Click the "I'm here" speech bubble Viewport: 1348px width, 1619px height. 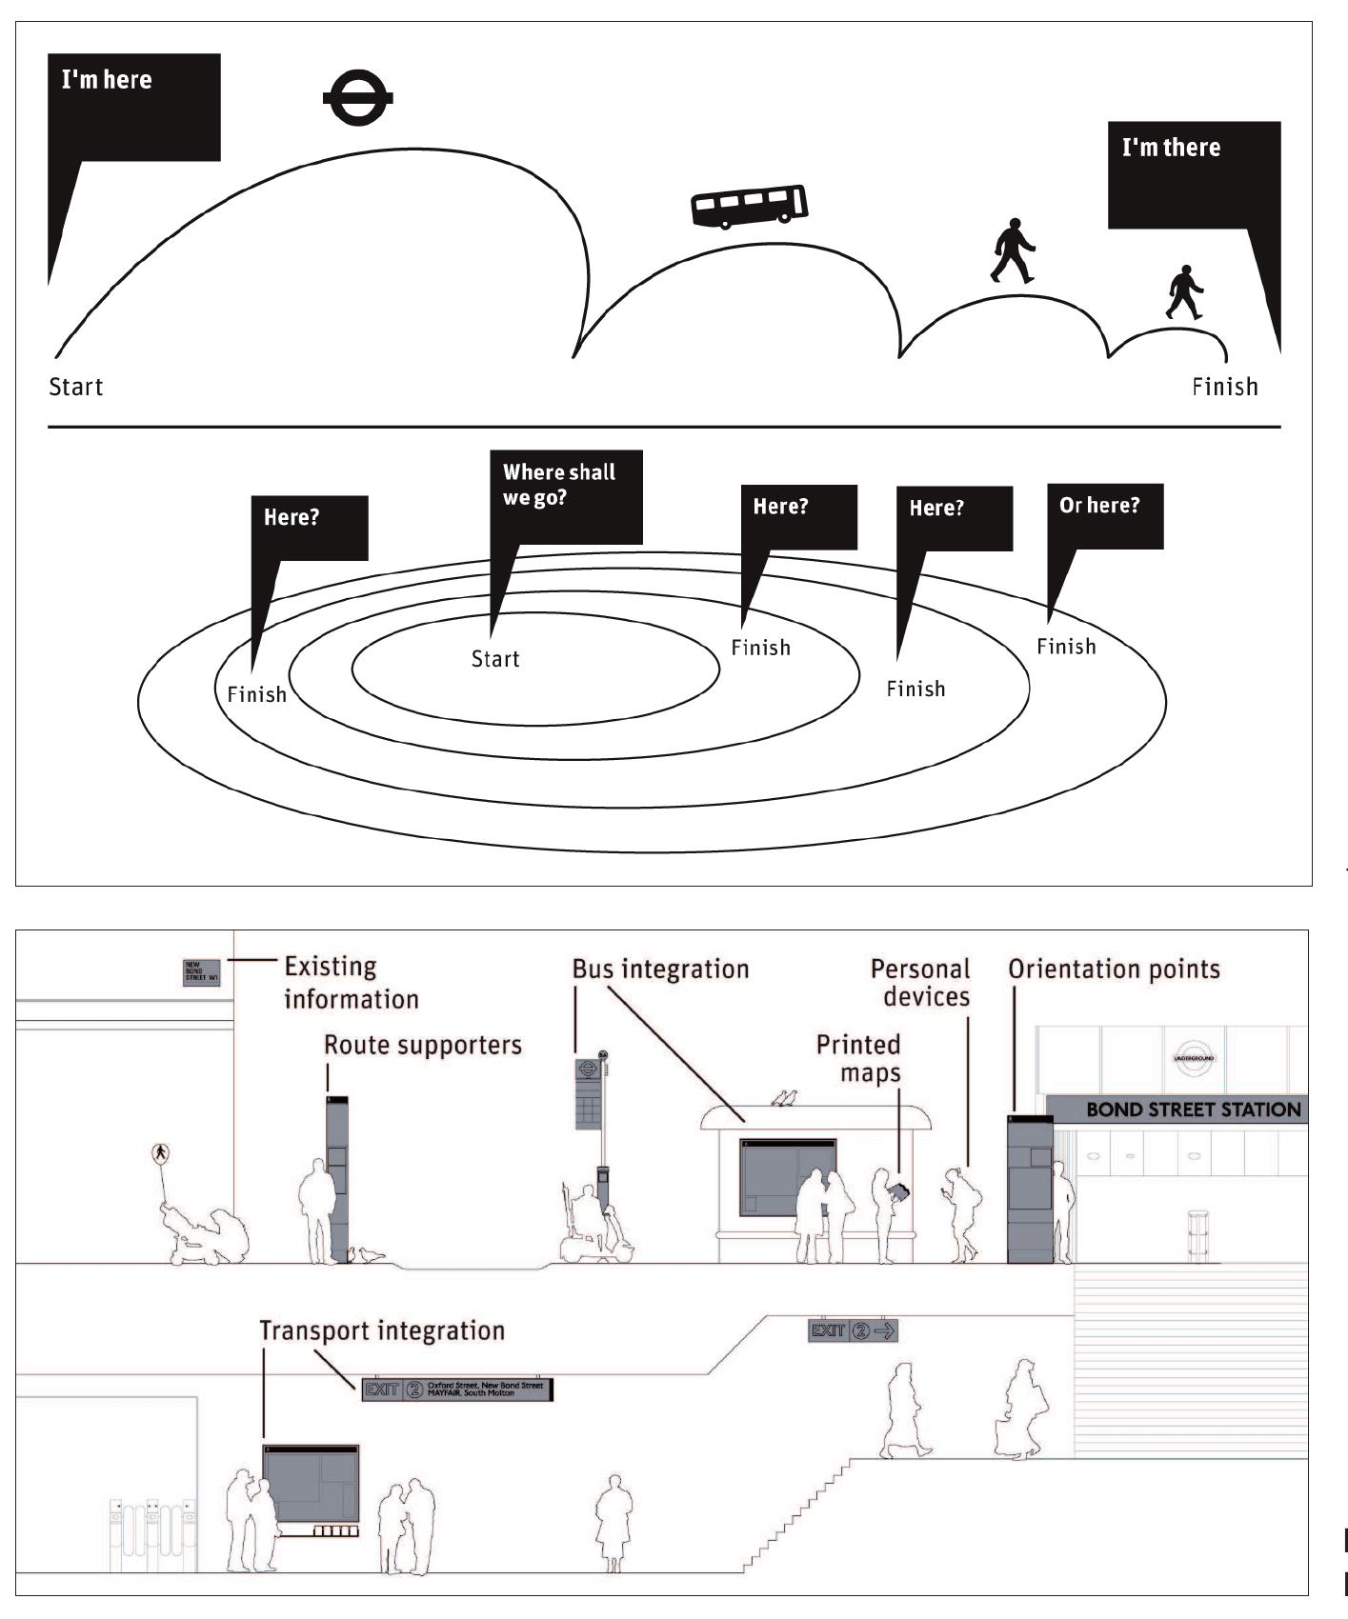tap(133, 107)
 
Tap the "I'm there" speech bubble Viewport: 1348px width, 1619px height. tap(1194, 174)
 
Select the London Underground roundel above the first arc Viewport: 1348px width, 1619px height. tap(357, 99)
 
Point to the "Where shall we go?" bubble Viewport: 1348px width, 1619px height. tap(565, 495)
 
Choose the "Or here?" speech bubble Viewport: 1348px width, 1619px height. tap(1105, 516)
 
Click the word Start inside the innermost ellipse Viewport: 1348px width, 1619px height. tap(495, 659)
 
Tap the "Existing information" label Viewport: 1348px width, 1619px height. tap(352, 983)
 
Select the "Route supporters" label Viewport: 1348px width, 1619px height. tap(423, 1045)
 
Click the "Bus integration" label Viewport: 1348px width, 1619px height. tap(660, 969)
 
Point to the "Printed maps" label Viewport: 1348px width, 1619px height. tap(859, 1058)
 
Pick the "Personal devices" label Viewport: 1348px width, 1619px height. tap(921, 983)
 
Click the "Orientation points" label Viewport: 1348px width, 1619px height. tap(1114, 969)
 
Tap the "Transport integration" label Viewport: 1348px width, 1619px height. tap(382, 1330)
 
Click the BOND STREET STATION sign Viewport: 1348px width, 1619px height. tap(1193, 1109)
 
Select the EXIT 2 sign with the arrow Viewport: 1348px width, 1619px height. tap(853, 1330)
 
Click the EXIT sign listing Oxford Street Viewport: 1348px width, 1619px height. tap(457, 1389)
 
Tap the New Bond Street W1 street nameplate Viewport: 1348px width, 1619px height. tap(201, 972)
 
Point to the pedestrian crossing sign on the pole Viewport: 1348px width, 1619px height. tap(159, 1153)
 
